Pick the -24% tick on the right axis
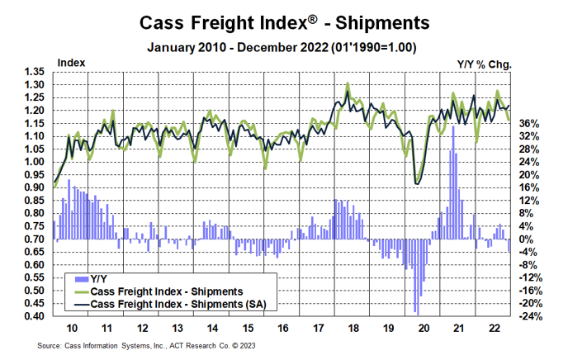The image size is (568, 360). [529, 316]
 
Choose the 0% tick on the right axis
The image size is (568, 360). [530, 239]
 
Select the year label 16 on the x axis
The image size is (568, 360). [283, 328]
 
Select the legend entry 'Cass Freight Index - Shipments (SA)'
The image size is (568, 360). [182, 304]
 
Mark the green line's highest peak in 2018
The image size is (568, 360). [348, 83]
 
